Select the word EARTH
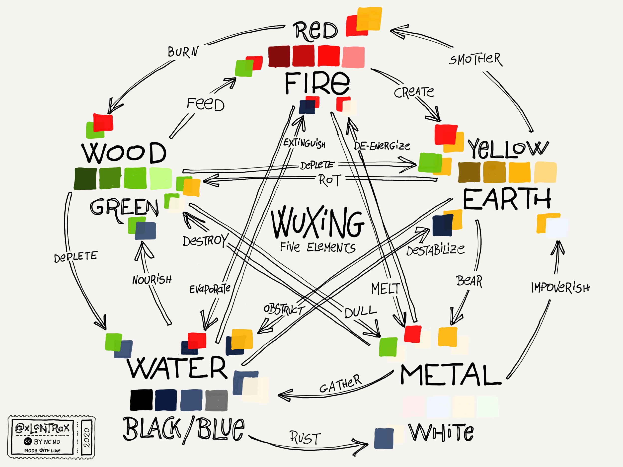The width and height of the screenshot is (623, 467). (507, 199)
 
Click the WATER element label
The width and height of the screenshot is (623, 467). (177, 368)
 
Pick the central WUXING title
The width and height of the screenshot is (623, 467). (317, 223)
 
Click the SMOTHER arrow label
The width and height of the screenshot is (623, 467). (475, 59)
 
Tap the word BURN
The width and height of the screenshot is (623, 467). (183, 52)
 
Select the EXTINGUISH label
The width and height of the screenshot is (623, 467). (305, 143)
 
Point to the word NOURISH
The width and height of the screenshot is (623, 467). (152, 280)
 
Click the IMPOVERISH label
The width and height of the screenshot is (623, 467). (560, 288)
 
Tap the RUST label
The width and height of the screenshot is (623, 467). (305, 438)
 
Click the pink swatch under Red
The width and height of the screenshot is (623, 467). (353, 57)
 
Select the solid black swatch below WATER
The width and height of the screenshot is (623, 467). (141, 400)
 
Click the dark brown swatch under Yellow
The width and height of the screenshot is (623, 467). (469, 172)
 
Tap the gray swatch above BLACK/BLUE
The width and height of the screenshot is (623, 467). (216, 400)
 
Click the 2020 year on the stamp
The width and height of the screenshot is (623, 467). (86, 437)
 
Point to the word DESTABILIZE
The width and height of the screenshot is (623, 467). (435, 249)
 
